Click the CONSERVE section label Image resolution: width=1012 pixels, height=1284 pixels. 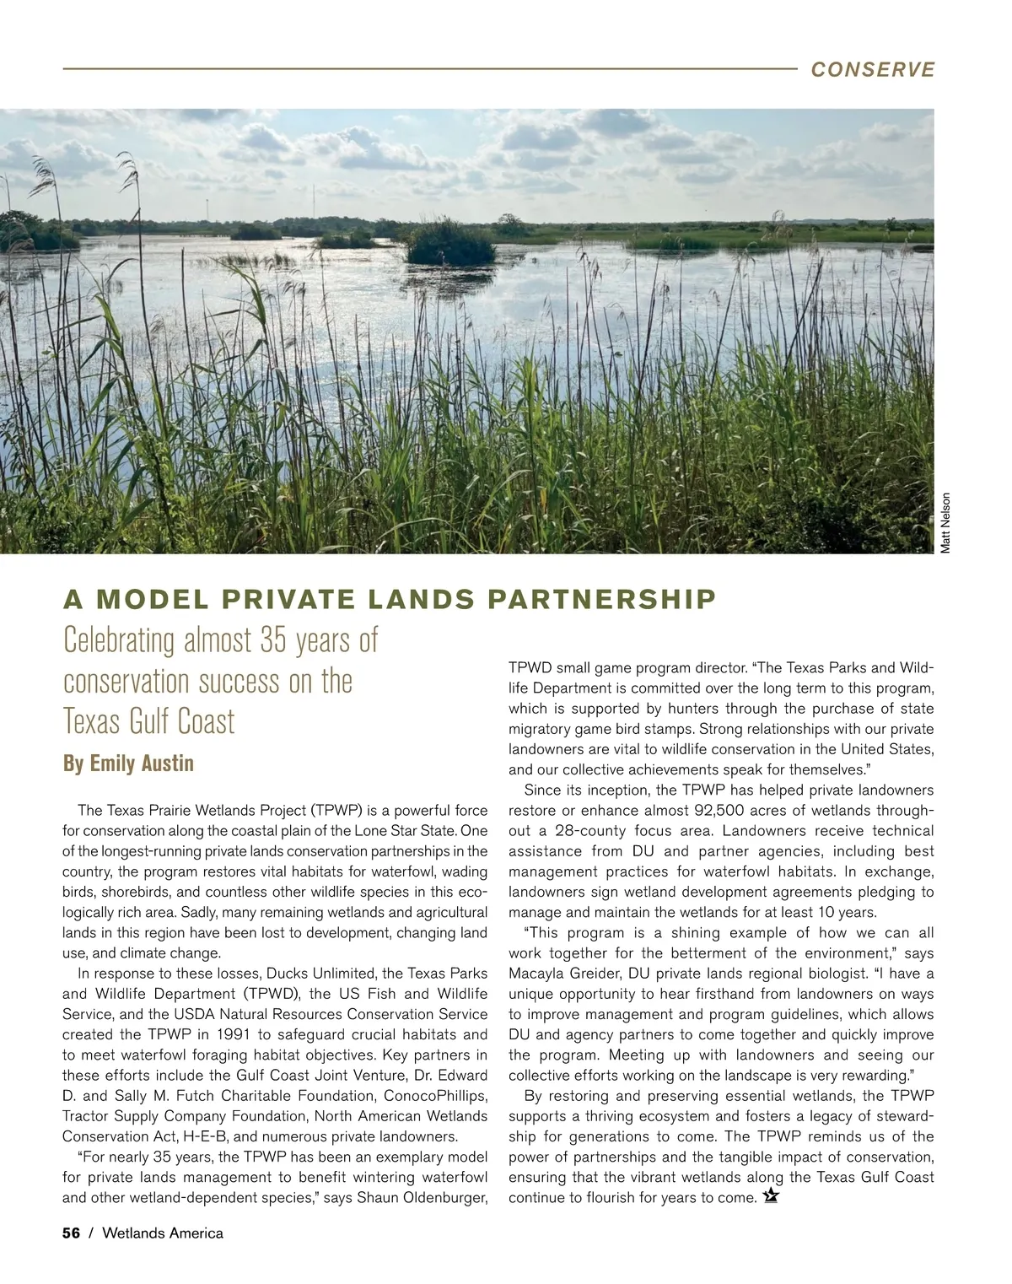click(x=872, y=69)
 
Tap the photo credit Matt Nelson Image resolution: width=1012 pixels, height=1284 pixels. click(x=945, y=523)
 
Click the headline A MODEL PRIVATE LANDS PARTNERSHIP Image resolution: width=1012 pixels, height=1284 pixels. click(x=390, y=599)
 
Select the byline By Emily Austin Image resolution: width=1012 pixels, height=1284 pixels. click(x=128, y=763)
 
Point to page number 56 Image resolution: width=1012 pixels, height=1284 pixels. click(x=71, y=1233)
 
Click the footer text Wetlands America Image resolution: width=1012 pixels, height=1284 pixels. click(x=163, y=1233)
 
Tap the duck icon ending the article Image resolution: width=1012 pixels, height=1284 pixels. click(x=769, y=1196)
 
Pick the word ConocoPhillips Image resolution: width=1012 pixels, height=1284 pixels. click(x=435, y=1096)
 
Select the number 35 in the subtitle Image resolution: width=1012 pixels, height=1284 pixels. click(x=275, y=640)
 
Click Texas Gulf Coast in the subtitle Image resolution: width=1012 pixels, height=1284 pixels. click(x=148, y=722)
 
